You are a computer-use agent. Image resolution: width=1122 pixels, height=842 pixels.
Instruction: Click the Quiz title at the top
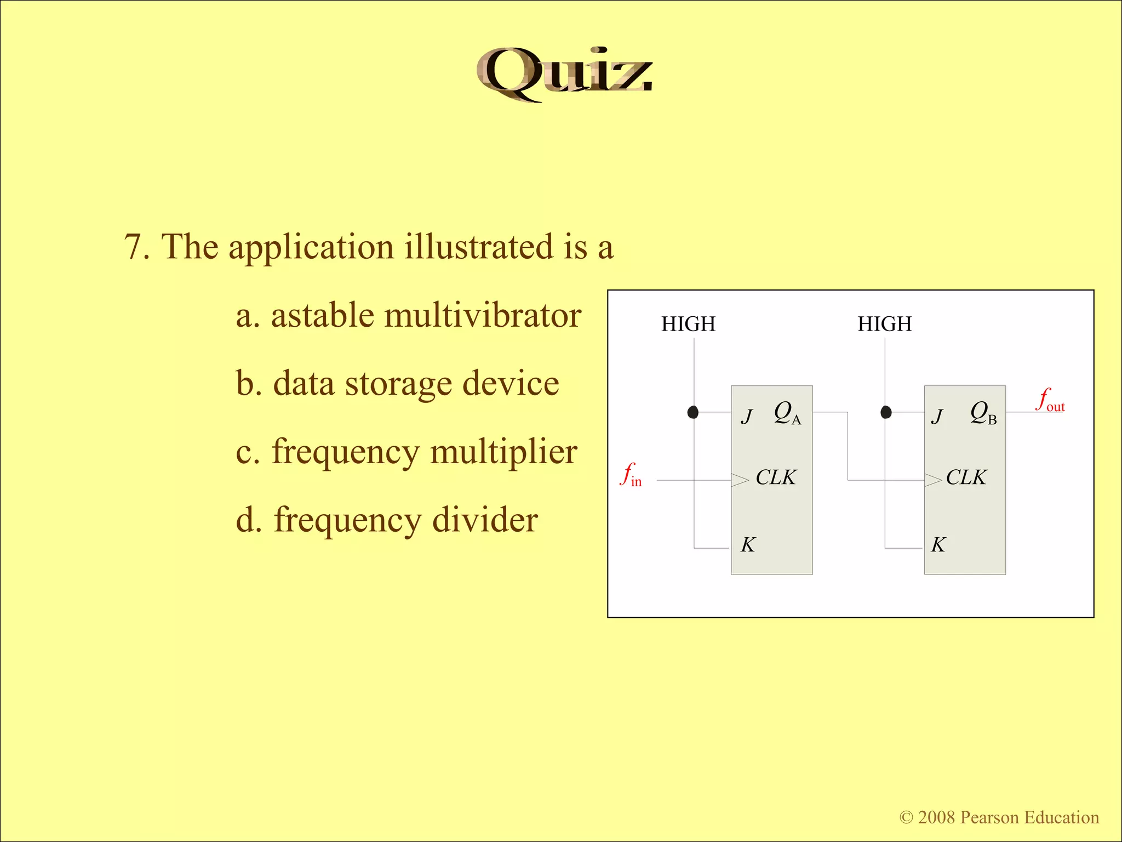pyautogui.click(x=564, y=74)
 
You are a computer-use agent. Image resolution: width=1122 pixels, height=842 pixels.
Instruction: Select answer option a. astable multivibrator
pyautogui.click(x=408, y=316)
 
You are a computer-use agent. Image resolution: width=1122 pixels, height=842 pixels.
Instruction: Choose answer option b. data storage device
pyautogui.click(x=397, y=384)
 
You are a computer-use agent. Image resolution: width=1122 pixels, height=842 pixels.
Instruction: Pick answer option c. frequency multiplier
pyautogui.click(x=406, y=452)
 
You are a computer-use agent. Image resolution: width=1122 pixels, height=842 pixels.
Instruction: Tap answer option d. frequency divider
pyautogui.click(x=386, y=520)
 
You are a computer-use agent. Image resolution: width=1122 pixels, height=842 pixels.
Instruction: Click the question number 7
pyautogui.click(x=136, y=247)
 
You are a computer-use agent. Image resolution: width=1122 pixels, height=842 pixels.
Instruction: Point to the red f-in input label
pyautogui.click(x=631, y=475)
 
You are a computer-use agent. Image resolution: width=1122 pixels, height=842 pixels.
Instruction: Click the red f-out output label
pyautogui.click(x=1050, y=400)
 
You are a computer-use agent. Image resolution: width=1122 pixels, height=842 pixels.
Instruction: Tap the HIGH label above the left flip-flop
pyautogui.click(x=688, y=324)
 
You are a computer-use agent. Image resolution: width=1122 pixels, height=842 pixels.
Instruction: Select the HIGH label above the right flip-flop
pyautogui.click(x=884, y=324)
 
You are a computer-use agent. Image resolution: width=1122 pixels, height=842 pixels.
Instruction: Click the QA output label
pyautogui.click(x=787, y=413)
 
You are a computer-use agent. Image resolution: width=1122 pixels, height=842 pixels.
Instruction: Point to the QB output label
pyautogui.click(x=983, y=413)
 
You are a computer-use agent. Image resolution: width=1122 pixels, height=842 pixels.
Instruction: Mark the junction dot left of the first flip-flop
pyautogui.click(x=693, y=412)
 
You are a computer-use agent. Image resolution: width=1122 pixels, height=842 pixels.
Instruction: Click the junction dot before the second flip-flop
pyautogui.click(x=886, y=412)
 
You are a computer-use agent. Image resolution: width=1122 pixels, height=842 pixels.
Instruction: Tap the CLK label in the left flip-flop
pyautogui.click(x=776, y=477)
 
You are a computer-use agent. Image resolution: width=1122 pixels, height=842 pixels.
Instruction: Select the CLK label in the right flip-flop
pyautogui.click(x=966, y=477)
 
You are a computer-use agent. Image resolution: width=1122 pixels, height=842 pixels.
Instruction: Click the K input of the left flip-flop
pyautogui.click(x=748, y=545)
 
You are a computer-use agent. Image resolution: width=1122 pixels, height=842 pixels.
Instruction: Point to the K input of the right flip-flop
pyautogui.click(x=938, y=545)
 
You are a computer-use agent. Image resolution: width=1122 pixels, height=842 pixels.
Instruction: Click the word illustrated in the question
pyautogui.click(x=479, y=247)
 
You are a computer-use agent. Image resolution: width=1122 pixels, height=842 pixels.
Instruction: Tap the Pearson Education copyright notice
pyautogui.click(x=999, y=817)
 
